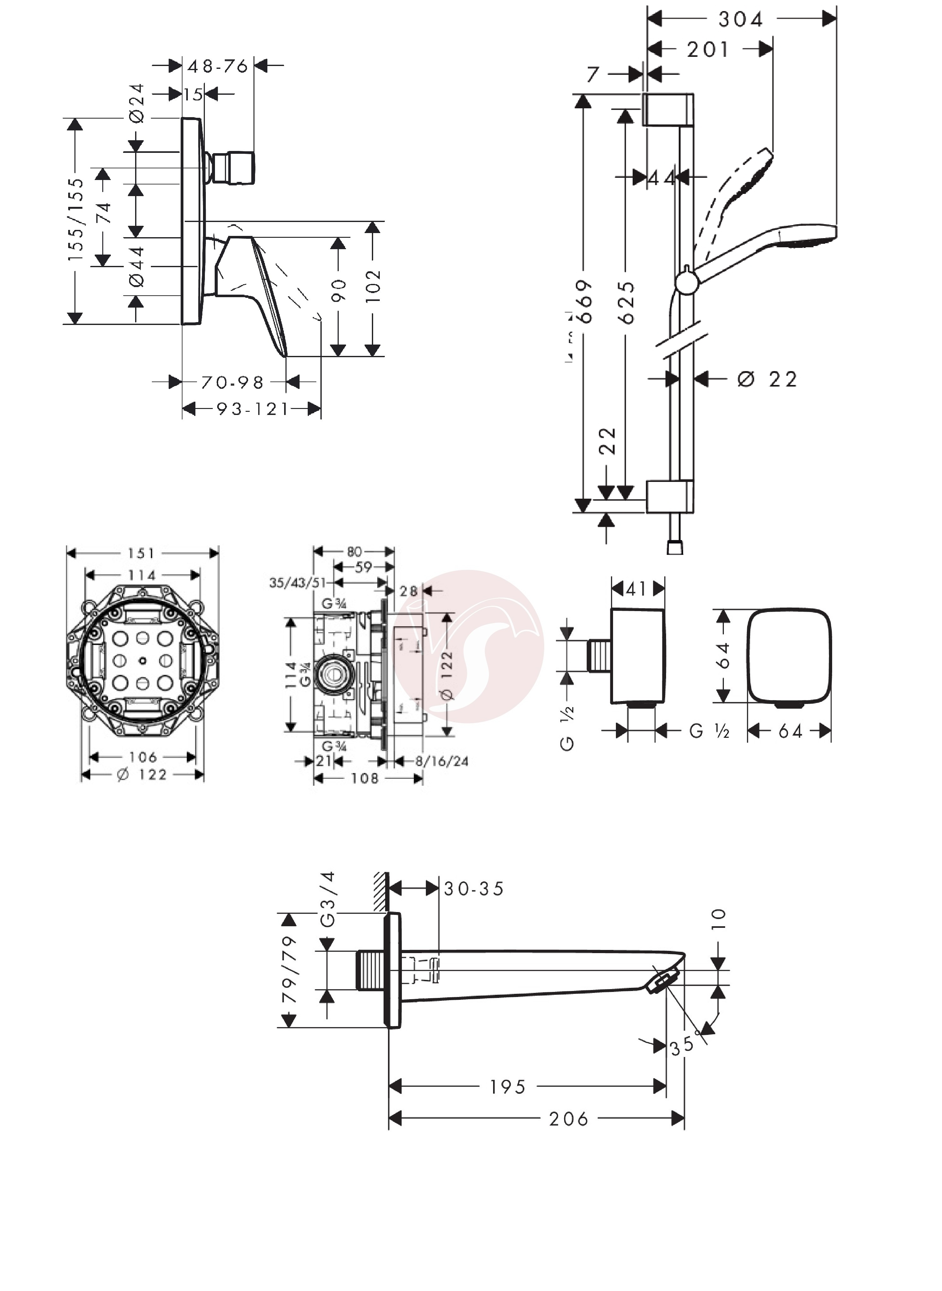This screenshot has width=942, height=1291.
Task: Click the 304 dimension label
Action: (740, 19)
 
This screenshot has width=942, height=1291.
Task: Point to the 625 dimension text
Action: (627, 302)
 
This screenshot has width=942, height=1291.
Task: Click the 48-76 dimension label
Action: (218, 66)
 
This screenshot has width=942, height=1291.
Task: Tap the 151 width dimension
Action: (141, 553)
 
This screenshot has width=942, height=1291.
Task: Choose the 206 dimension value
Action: (569, 1119)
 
